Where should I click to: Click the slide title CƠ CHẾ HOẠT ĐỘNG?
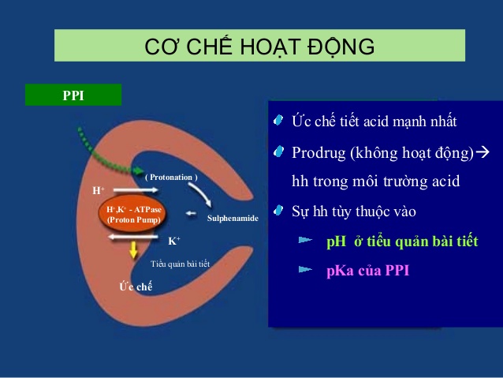tap(259, 47)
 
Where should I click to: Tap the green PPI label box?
tap(73, 95)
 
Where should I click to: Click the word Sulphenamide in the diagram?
tap(233, 219)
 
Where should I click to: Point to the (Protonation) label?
tap(171, 178)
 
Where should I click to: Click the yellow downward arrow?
tap(133, 250)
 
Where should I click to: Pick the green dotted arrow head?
tap(139, 170)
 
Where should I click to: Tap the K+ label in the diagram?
tap(174, 241)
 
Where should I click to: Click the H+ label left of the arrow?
tap(99, 190)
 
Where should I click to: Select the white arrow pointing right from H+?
tap(136, 190)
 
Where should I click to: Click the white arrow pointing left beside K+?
tap(132, 238)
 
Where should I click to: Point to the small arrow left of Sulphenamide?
tap(192, 213)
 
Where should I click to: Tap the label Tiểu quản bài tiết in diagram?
tap(180, 264)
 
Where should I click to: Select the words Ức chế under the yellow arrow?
tap(136, 286)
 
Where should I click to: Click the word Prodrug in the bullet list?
tap(319, 153)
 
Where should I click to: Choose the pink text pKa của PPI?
tap(367, 271)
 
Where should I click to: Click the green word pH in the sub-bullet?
tap(336, 241)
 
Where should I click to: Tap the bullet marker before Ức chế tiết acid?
tap(278, 121)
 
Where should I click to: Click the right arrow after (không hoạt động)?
tap(483, 152)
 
